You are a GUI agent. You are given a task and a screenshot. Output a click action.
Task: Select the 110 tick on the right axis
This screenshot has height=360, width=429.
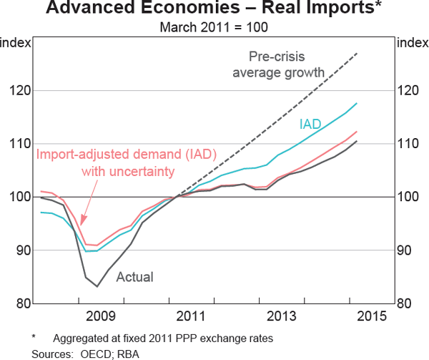tap(409, 144)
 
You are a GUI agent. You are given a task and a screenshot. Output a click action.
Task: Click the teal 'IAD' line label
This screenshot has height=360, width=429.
tap(310, 124)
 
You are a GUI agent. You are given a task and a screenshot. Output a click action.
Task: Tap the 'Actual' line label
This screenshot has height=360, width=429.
tap(134, 276)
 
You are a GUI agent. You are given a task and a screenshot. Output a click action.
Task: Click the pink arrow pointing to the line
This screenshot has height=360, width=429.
tap(84, 215)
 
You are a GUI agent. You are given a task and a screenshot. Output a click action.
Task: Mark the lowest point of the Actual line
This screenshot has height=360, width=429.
tap(97, 286)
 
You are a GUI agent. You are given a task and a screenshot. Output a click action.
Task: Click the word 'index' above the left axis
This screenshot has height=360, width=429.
tap(16, 42)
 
